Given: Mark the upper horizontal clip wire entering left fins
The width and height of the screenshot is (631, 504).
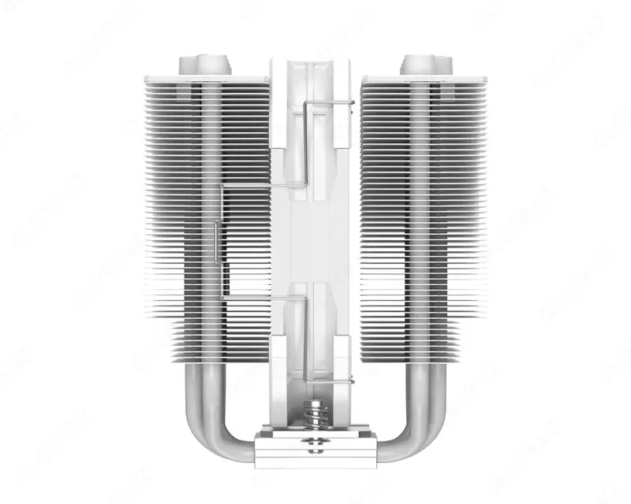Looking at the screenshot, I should (252, 186).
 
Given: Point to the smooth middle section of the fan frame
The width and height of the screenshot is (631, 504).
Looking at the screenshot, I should (315, 236).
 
